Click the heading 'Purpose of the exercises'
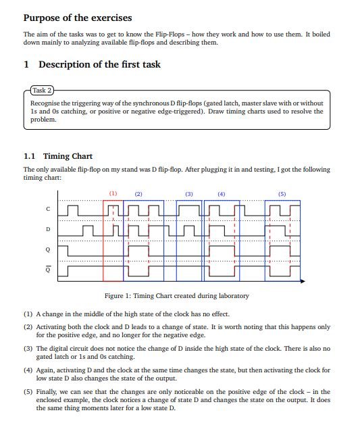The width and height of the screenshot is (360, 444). point(78,18)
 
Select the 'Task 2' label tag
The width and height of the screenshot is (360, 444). point(42,90)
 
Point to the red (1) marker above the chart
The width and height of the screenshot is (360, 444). point(113,194)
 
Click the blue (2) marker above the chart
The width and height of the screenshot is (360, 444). point(138,194)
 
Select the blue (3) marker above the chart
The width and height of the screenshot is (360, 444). point(189,194)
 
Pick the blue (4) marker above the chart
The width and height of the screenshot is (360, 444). point(221,194)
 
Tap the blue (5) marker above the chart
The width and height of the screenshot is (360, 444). point(282,194)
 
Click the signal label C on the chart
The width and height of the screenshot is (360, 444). point(47,209)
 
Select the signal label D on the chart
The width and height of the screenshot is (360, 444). point(47,230)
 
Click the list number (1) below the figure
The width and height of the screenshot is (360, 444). point(28,314)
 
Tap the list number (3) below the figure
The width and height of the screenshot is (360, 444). point(28,348)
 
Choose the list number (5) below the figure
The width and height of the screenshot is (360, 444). point(28,392)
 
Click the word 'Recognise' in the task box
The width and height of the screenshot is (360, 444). point(45,103)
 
